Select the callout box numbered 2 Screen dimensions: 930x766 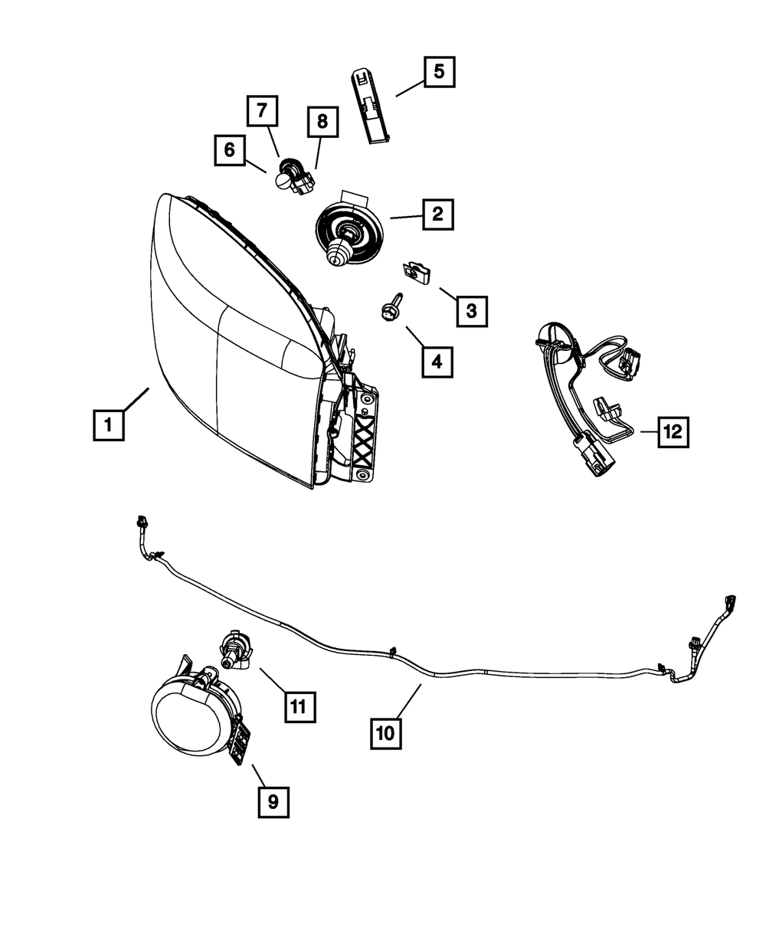tap(437, 214)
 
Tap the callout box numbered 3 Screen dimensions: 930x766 tap(471, 310)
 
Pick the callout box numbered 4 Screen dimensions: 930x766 tap(437, 361)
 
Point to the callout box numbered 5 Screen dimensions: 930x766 tap(438, 73)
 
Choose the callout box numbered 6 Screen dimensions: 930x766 tap(229, 151)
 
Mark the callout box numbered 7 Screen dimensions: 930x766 tap(262, 111)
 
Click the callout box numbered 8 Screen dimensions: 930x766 tap(322, 120)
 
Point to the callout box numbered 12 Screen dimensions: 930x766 tap(672, 433)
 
